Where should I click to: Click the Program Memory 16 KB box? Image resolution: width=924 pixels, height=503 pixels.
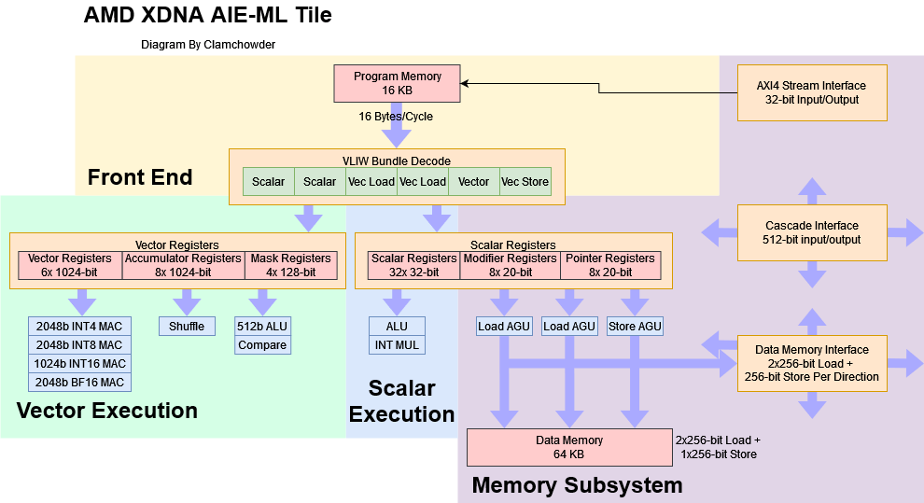397,83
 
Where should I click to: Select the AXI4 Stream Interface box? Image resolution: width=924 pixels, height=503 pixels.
812,92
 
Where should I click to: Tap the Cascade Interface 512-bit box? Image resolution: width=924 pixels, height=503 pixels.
812,232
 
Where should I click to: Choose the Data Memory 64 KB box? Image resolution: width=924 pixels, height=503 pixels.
568,447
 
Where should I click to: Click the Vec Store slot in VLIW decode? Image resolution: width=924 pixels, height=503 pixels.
525,181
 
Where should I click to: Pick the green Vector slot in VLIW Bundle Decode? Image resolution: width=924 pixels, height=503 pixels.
474,181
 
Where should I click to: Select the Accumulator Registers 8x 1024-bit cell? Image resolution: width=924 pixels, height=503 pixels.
184,265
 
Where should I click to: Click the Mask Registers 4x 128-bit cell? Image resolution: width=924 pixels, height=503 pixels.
291,265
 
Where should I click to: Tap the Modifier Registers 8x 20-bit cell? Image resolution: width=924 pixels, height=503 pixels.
510,265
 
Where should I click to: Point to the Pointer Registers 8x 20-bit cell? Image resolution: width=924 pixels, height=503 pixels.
610,265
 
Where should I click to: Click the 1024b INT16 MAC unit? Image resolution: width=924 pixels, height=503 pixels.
79,363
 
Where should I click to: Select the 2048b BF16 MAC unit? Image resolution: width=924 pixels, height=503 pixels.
79,382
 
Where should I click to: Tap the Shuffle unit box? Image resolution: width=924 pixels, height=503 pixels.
187,326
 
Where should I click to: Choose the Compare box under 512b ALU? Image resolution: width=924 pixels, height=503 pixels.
262,345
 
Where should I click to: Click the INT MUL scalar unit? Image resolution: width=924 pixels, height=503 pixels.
396,345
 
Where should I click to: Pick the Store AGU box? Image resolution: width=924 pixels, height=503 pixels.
635,326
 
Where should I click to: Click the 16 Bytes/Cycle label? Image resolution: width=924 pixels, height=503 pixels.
396,117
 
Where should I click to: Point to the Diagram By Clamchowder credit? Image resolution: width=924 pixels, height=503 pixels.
208,44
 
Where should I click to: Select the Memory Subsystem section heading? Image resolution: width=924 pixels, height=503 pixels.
577,485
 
